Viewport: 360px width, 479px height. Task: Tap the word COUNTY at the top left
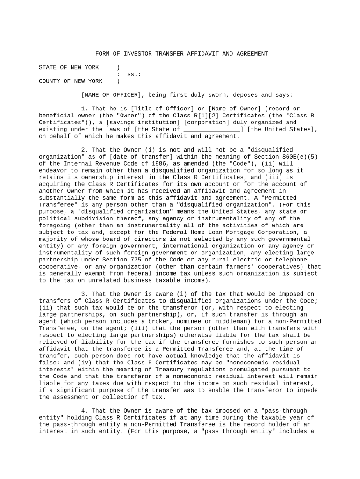(49, 81)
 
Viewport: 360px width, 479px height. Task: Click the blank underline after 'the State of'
(212, 129)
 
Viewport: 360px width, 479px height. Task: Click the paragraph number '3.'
(84, 294)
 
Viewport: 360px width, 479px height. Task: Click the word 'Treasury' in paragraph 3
(159, 370)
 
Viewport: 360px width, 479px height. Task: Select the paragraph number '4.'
(84, 411)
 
